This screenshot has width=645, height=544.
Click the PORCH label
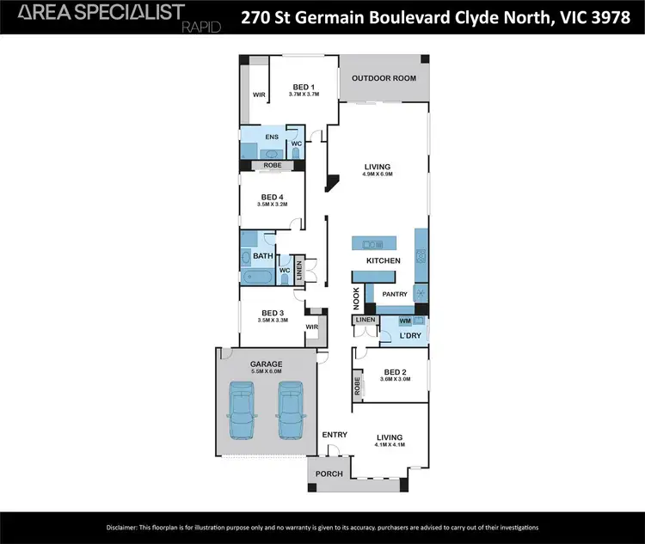coord(329,474)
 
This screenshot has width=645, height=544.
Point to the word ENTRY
coord(335,435)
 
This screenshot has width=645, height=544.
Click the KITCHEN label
coord(384,260)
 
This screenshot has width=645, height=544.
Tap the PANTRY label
coord(395,294)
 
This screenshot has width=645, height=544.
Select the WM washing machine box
coord(404,321)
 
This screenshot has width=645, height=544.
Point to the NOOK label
coord(356,297)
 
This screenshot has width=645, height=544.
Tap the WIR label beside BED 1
coord(258,95)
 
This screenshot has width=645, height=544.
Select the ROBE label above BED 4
coord(273,164)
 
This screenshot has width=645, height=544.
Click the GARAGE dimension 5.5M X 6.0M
coord(266,372)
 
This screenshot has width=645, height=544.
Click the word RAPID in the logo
coord(201,27)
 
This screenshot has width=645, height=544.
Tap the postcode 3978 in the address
coord(606,16)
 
